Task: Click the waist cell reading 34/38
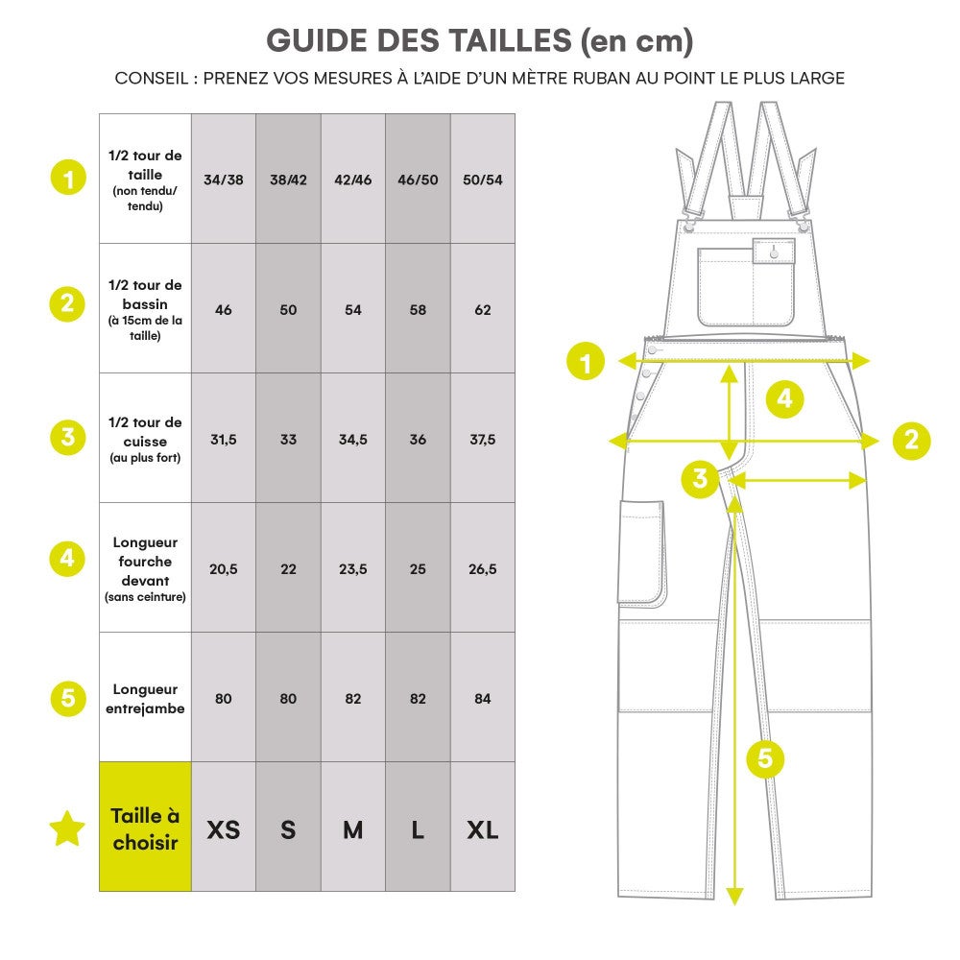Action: pos(224,180)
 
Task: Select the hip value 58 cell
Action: pos(418,310)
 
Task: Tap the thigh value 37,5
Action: pos(482,440)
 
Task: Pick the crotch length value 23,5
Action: pos(353,569)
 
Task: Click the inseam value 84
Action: pos(482,699)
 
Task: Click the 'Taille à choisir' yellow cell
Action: pos(145,828)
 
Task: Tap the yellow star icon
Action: pos(67,828)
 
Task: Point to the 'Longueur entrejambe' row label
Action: pos(145,699)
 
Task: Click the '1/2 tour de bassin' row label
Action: pos(145,309)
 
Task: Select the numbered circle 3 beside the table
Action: pos(67,438)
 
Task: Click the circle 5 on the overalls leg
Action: pos(765,758)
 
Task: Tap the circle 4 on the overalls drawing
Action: pos(784,397)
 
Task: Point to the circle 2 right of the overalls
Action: pos(911,440)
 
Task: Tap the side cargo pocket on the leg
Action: pos(640,552)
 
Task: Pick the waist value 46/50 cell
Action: pos(418,180)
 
